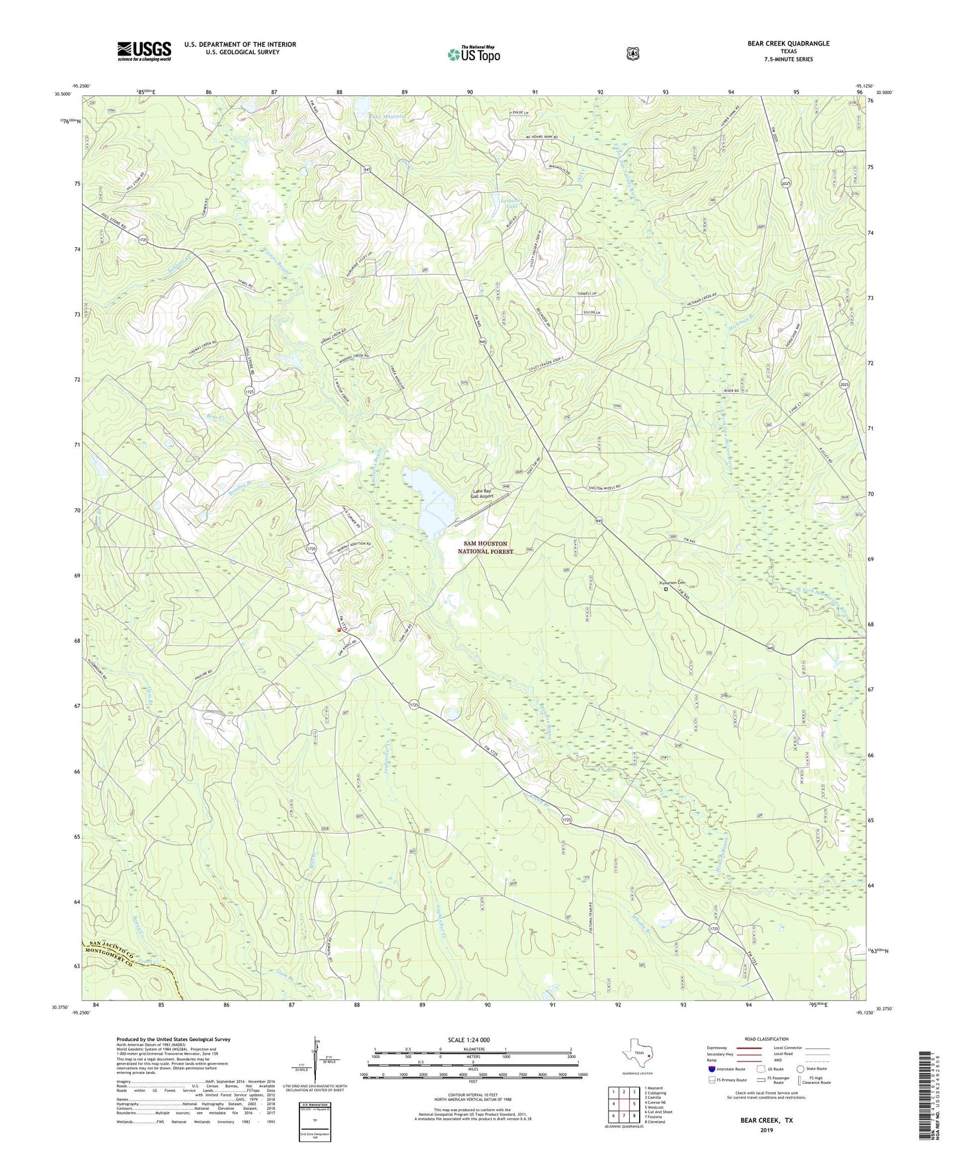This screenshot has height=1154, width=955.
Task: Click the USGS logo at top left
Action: click(144, 51)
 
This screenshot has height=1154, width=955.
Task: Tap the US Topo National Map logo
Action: click(473, 54)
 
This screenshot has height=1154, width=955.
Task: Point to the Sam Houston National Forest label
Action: click(485, 547)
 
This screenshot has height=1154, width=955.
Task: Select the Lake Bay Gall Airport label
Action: click(482, 493)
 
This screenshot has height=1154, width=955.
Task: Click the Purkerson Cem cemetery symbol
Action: click(666, 589)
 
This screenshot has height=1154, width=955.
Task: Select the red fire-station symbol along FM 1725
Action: click(340, 630)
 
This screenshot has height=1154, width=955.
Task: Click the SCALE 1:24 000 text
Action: click(469, 1040)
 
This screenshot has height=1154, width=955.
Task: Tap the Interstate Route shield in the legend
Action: click(711, 1069)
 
